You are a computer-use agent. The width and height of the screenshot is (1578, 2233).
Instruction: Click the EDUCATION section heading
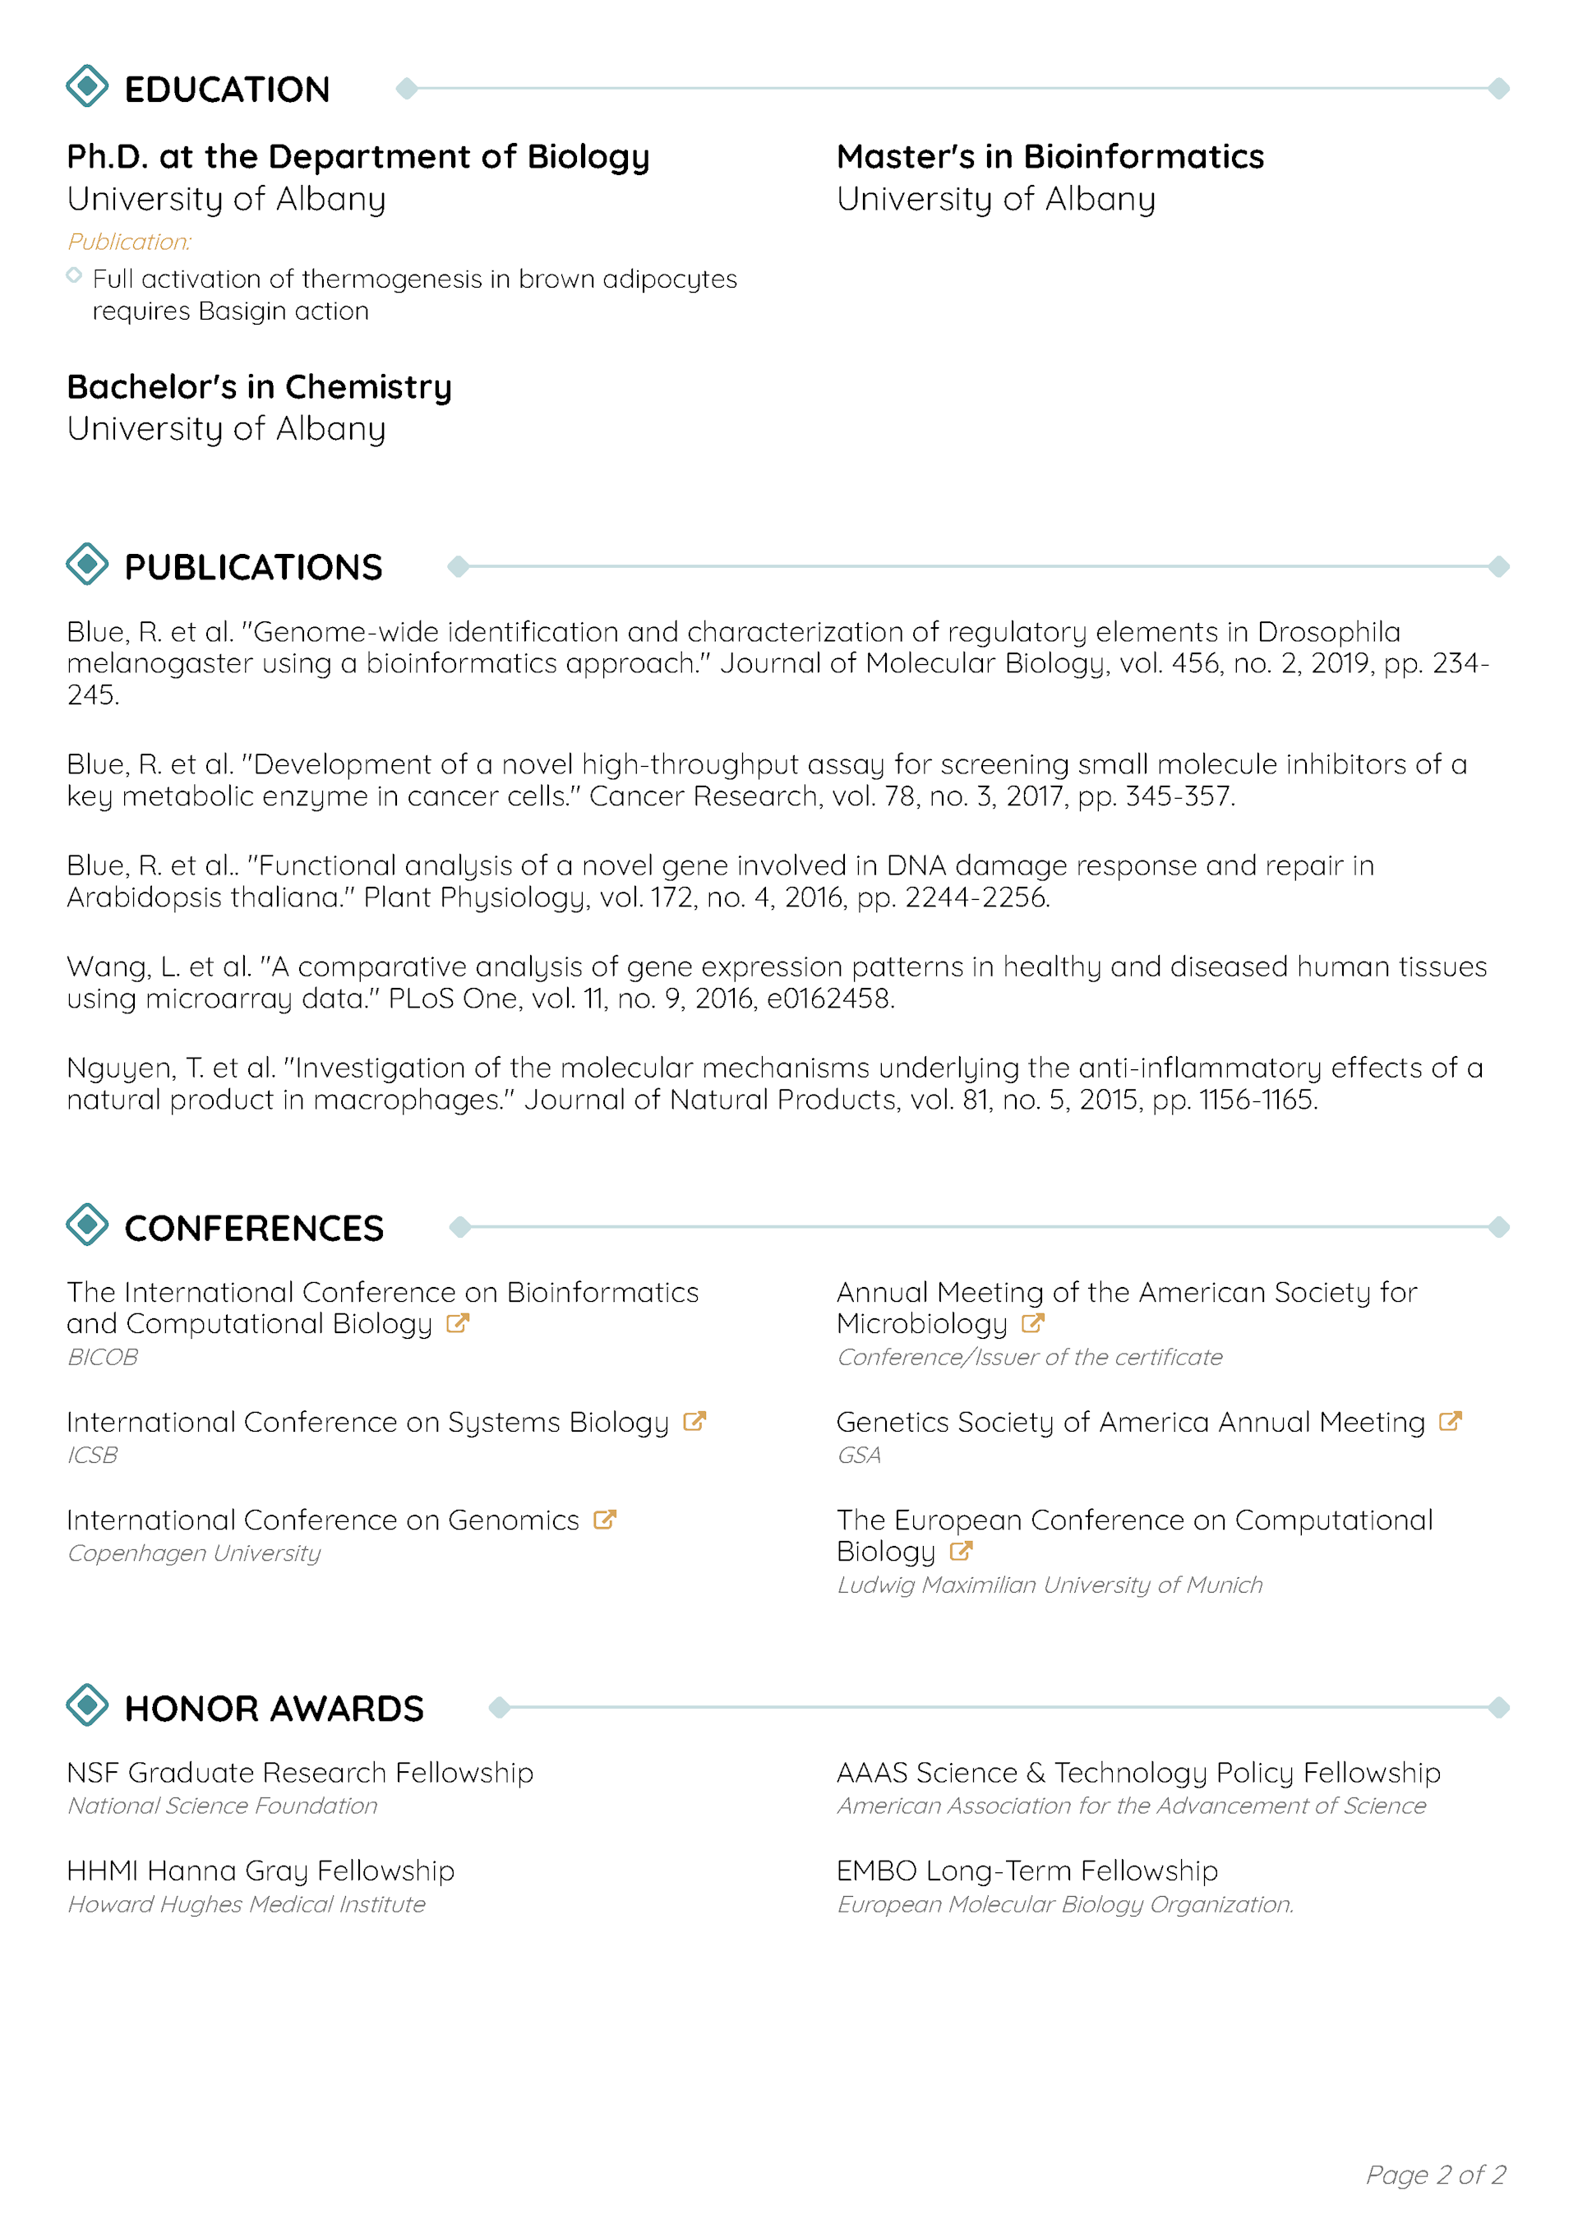pos(227,90)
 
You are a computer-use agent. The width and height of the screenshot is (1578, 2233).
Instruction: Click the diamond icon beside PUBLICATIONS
pos(88,564)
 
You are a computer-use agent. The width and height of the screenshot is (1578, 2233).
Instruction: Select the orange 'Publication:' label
pos(129,241)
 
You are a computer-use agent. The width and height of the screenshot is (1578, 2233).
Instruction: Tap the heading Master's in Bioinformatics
pos(1050,157)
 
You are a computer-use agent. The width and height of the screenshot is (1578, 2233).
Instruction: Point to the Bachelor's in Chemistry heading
pos(259,387)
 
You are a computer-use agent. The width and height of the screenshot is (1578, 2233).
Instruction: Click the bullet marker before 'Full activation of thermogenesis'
pos(74,276)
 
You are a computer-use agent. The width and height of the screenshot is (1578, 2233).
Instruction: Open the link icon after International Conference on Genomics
pos(605,1519)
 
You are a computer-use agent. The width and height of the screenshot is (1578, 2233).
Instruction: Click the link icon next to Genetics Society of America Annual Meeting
pos(1450,1421)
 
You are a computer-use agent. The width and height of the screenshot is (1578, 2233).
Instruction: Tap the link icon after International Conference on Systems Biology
pos(694,1421)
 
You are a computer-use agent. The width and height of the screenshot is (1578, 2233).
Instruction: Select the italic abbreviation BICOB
pos(102,1357)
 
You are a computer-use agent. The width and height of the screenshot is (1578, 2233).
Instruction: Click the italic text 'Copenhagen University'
pos(194,1553)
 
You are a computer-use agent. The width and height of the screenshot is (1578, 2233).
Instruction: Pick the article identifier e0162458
pos(829,999)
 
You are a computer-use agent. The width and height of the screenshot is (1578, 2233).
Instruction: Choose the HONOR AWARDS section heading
pos(274,1709)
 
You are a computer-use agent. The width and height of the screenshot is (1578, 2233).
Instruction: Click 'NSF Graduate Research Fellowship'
pos(300,1773)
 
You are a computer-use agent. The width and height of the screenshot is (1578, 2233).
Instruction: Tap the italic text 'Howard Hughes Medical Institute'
pos(246,1904)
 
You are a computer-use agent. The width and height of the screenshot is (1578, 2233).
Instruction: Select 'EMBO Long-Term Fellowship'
pos(1027,1871)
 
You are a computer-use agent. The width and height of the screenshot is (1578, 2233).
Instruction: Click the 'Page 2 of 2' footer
pos(1435,2175)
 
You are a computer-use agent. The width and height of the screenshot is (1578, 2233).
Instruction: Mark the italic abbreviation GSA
pos(859,1455)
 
